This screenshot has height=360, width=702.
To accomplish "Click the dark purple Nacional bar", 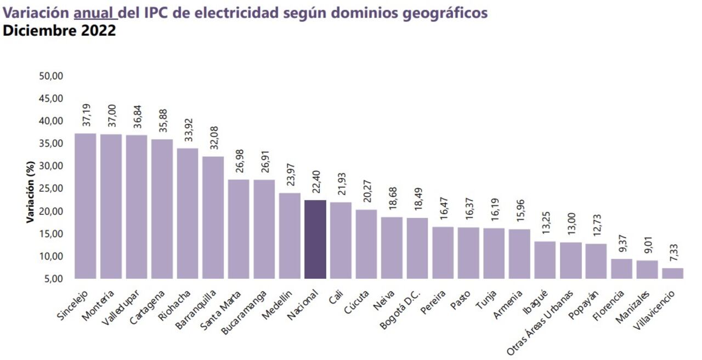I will (315, 239).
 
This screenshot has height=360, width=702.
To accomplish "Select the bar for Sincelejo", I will (85, 206).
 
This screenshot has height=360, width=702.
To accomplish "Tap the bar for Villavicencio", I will (672, 273).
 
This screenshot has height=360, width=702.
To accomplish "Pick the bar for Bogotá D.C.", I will (417, 248).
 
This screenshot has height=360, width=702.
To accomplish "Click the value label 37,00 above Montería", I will (111, 116).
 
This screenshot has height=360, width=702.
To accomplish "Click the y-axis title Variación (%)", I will (31, 193).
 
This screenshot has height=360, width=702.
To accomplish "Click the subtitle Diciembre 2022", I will (59, 31).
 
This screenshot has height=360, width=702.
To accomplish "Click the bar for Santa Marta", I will (239, 229).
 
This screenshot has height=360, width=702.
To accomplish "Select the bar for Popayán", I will (596, 261).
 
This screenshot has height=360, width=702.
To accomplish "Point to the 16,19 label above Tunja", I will (494, 210).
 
